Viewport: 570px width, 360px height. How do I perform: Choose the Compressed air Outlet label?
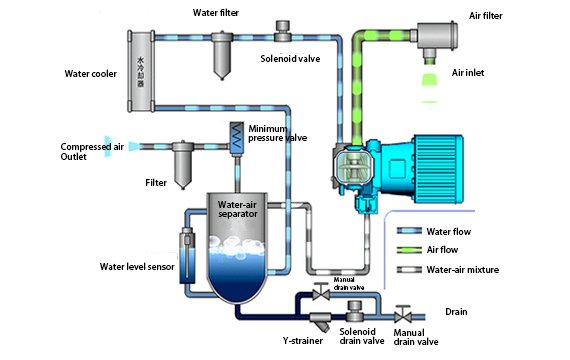tap(91, 152)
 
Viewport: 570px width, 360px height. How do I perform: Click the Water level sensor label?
tap(139, 267)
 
